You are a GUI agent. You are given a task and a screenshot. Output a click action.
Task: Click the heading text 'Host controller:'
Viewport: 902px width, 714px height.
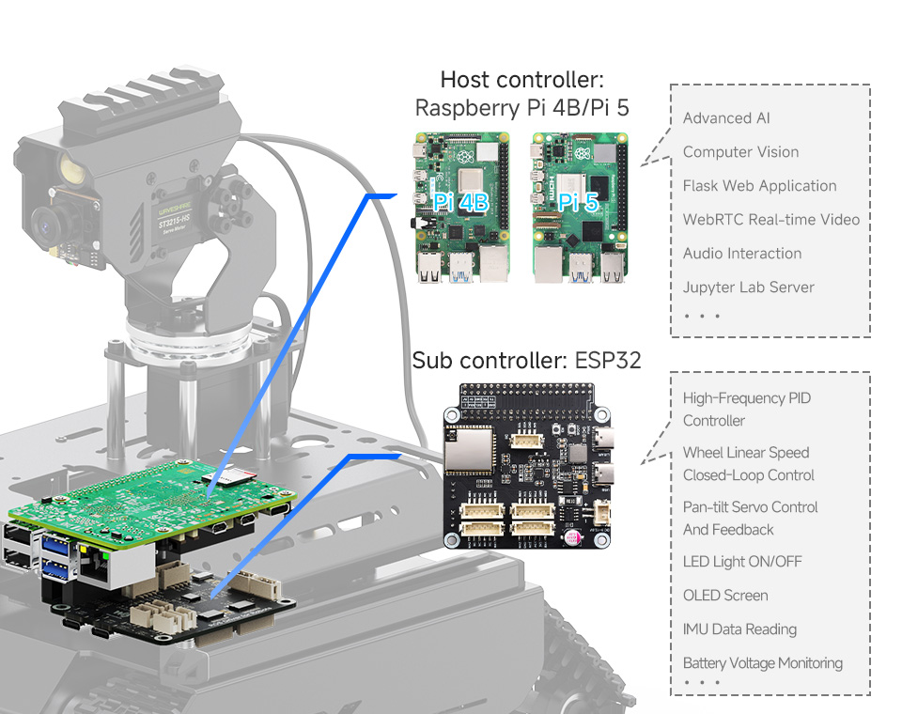(521, 79)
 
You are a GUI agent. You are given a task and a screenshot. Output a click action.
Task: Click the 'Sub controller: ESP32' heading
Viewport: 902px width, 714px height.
(526, 360)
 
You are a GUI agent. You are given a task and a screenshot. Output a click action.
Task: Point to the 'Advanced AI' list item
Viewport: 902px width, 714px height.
(726, 118)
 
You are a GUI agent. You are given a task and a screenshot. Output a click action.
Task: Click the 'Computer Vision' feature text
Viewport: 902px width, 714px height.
(740, 152)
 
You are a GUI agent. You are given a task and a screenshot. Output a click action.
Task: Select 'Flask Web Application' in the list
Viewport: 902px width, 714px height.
(759, 186)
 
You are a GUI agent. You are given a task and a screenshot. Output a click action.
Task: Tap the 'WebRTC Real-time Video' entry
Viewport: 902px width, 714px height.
(770, 220)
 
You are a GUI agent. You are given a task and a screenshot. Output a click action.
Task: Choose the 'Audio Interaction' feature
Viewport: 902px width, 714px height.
(741, 254)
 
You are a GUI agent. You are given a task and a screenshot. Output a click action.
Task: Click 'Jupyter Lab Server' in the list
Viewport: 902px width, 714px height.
(748, 287)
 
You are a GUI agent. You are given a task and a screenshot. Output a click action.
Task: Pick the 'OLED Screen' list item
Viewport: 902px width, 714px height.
(724, 596)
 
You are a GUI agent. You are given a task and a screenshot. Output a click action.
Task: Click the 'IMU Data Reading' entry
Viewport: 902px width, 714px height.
(739, 629)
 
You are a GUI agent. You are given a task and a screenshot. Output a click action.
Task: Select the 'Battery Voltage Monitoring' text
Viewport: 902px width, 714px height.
(762, 663)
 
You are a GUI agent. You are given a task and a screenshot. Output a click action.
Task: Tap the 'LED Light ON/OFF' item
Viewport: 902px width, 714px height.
(742, 562)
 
